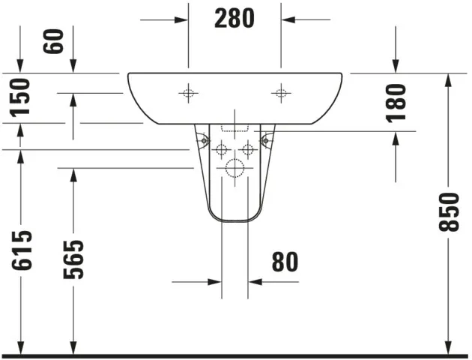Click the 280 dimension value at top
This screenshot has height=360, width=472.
point(235,19)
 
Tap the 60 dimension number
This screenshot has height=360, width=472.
point(53,41)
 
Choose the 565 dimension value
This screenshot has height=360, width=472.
point(73,259)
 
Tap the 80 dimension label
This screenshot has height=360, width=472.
point(285,261)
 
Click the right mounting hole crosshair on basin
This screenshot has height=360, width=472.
point(281,93)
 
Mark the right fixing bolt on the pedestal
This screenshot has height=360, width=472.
point(265,139)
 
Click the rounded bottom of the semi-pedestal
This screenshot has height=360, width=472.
point(235,221)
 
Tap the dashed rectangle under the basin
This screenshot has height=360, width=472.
point(235,128)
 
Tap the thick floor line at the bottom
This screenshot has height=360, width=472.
point(235,355)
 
